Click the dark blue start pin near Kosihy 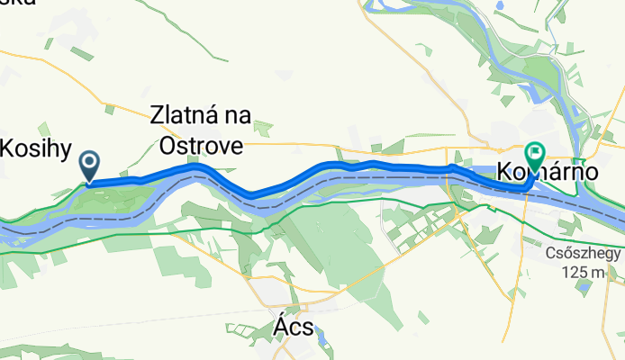[x=90, y=164]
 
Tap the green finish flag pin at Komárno [x=535, y=155]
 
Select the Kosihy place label [x=36, y=148]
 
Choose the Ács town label [x=292, y=328]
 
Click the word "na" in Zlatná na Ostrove [x=238, y=116]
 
